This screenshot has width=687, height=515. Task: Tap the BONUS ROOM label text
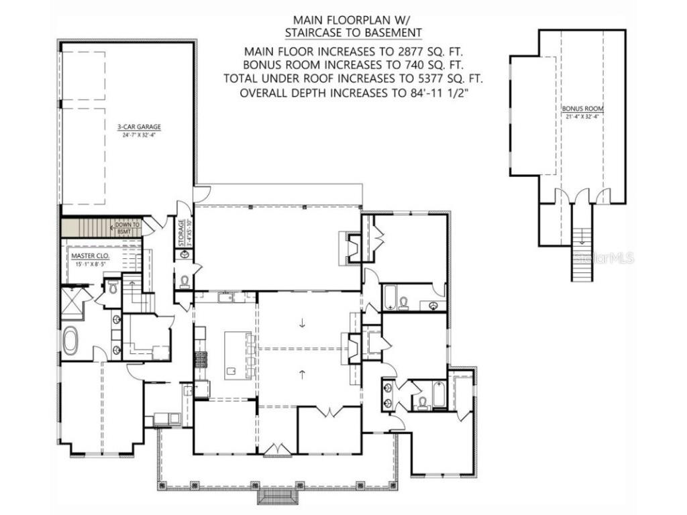(583, 108)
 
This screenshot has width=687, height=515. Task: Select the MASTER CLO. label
(90, 255)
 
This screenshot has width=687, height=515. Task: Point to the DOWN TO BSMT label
(127, 227)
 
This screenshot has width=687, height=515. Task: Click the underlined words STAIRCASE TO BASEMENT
(353, 32)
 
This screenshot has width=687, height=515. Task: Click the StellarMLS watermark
(608, 257)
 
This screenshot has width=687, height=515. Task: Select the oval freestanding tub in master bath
(70, 340)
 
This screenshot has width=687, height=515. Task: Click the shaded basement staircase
(87, 227)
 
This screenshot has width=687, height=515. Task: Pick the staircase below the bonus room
(581, 255)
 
